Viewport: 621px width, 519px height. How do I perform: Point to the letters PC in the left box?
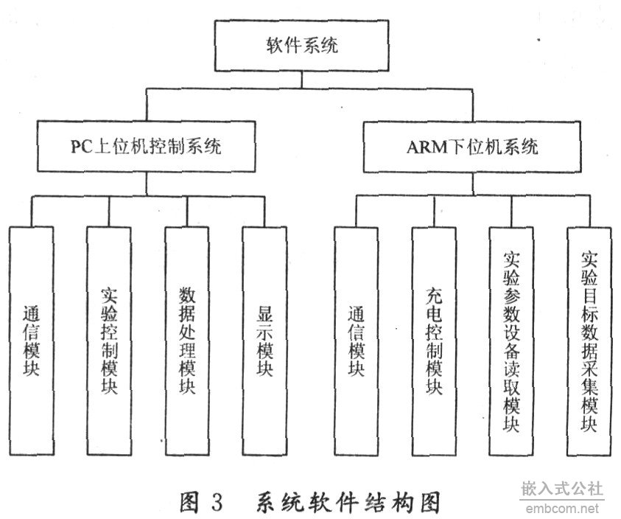(81, 147)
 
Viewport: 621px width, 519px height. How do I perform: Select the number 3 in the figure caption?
(217, 502)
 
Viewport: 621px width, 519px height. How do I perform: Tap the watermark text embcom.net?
(562, 509)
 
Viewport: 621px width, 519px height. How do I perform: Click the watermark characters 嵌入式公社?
(562, 489)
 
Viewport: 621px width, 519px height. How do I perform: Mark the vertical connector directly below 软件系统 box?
(302, 80)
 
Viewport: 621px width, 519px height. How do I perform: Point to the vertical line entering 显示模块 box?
(264, 212)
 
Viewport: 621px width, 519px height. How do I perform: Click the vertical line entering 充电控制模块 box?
(434, 212)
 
